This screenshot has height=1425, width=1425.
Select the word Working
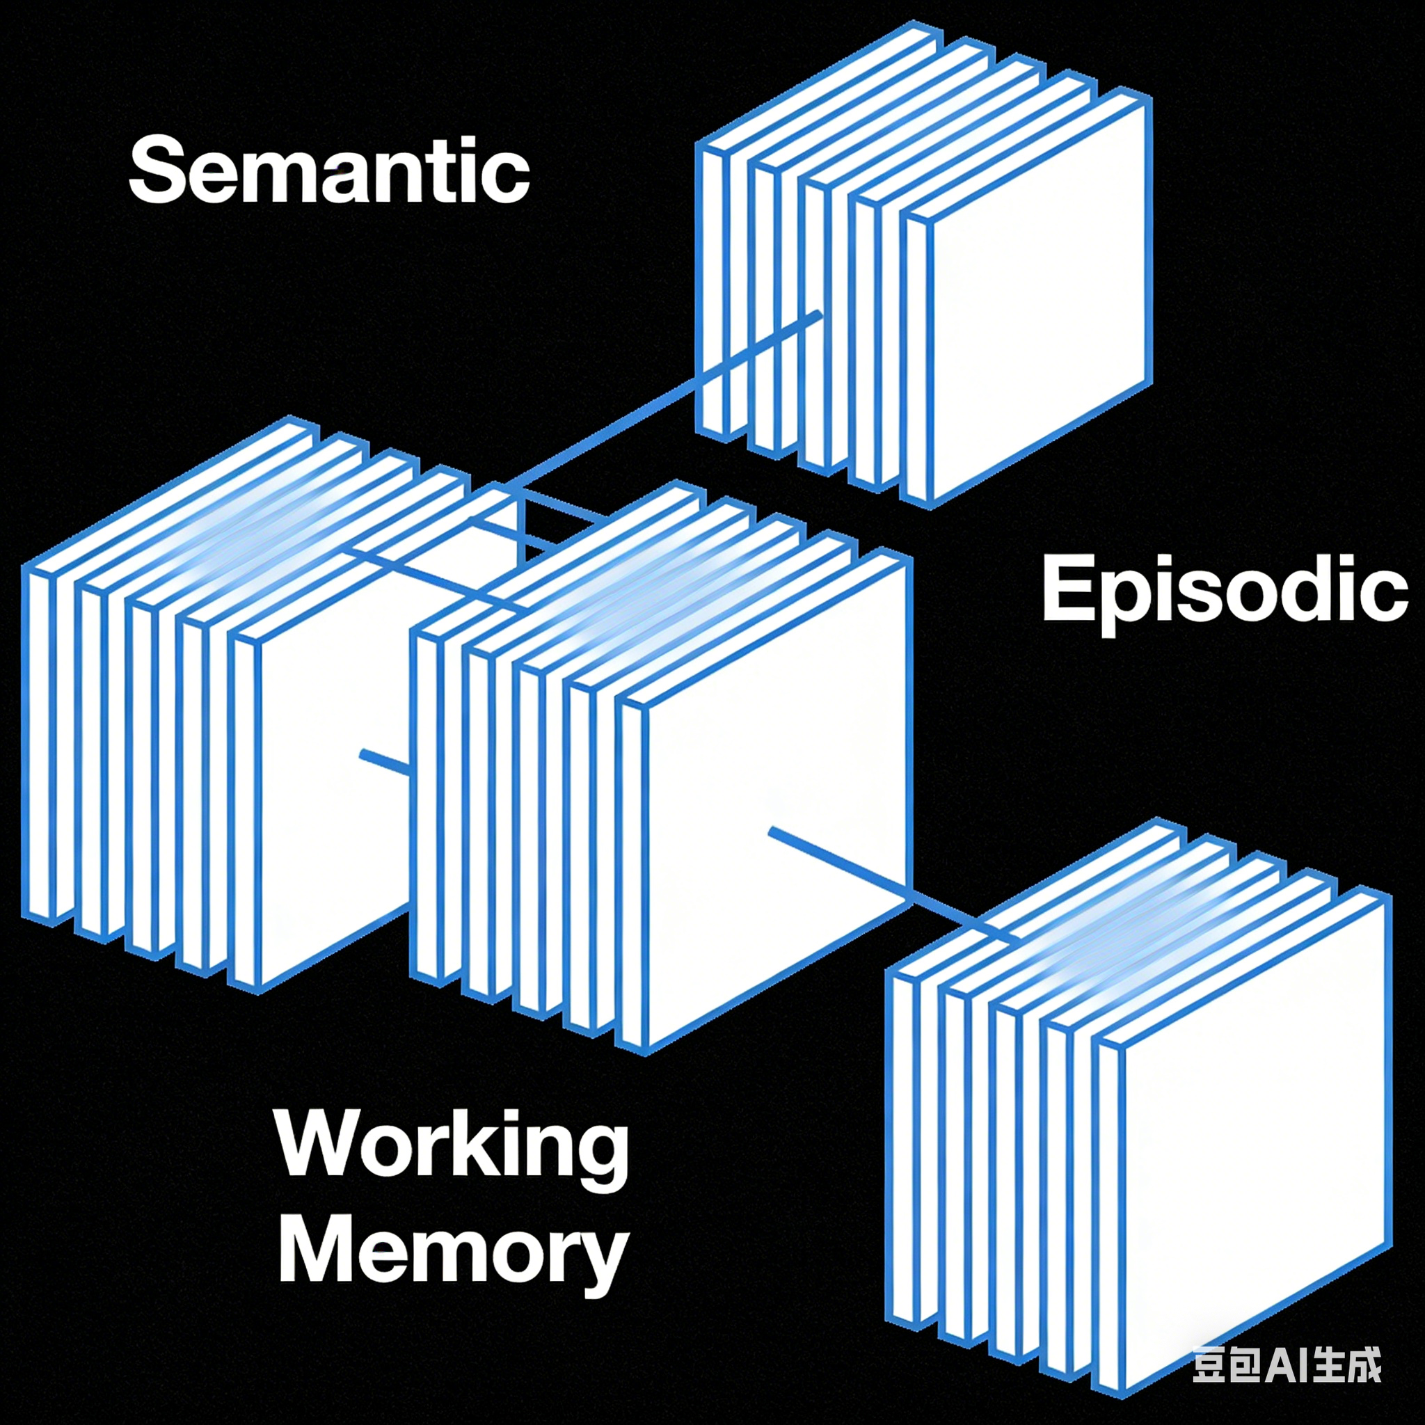pos(452,1145)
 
